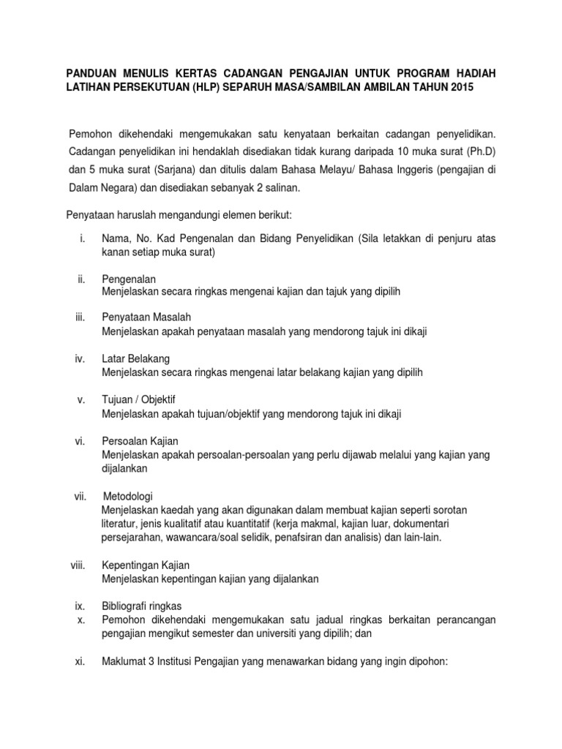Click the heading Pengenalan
coord(129,279)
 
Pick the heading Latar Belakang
coord(136,359)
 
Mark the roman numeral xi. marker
coord(80,662)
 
